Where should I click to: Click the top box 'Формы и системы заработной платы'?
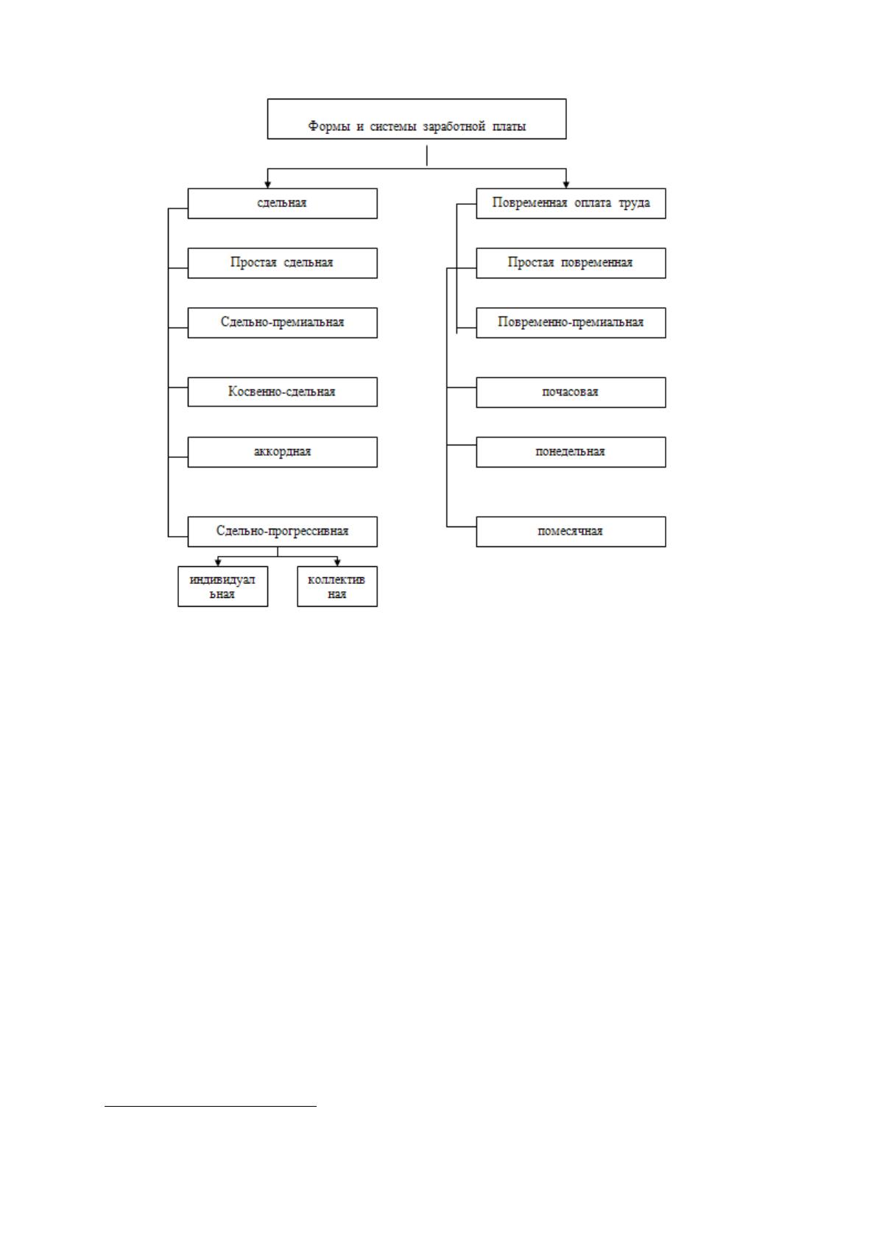pyautogui.click(x=416, y=119)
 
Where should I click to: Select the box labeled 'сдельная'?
pyautogui.click(x=282, y=203)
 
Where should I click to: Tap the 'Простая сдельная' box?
pyautogui.click(x=282, y=263)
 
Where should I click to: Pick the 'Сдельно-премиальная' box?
pyautogui.click(x=282, y=323)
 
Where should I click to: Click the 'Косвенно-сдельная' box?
pyautogui.click(x=282, y=392)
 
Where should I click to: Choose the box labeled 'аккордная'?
pyautogui.click(x=282, y=452)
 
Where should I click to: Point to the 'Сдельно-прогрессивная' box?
pyautogui.click(x=282, y=532)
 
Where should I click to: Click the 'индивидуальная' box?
pyautogui.click(x=222, y=586)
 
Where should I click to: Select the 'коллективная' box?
pyautogui.click(x=337, y=586)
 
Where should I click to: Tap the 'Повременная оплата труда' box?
pyautogui.click(x=571, y=203)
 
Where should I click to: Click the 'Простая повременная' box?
pyautogui.click(x=571, y=263)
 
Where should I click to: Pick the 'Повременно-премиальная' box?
pyautogui.click(x=571, y=323)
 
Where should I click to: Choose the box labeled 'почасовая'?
pyautogui.click(x=571, y=392)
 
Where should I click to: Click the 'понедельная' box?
pyautogui.click(x=571, y=452)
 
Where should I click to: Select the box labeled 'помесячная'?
pyautogui.click(x=571, y=532)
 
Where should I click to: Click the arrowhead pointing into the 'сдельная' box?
pyautogui.click(x=268, y=185)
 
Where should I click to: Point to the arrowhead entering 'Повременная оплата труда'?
pyautogui.click(x=566, y=185)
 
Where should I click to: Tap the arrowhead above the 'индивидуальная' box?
pyautogui.click(x=218, y=563)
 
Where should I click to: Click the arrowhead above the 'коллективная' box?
pyautogui.click(x=337, y=563)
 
